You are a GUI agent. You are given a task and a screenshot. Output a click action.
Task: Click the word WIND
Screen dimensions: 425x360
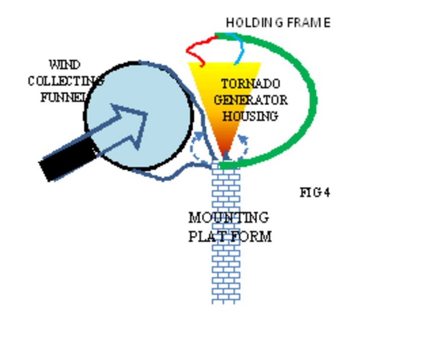tap(65, 65)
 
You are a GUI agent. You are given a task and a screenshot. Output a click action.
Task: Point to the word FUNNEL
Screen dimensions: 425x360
tap(64, 97)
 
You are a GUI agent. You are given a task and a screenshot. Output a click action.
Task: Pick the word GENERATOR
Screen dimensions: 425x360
tap(251, 100)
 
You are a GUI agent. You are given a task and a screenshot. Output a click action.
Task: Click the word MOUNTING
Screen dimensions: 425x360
tap(229, 218)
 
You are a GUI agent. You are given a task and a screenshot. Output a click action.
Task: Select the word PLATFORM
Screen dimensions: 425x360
tap(230, 236)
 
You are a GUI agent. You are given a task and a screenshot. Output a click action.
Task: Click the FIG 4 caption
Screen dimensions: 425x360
tap(315, 193)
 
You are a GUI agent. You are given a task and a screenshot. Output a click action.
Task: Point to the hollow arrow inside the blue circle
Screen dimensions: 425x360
tap(127, 125)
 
